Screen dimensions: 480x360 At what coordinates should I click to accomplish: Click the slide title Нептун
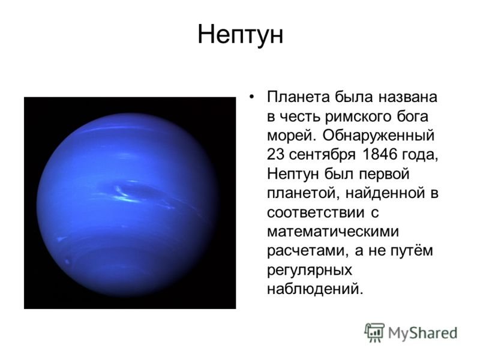(241, 34)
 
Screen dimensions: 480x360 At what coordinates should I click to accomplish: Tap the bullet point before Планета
(251, 97)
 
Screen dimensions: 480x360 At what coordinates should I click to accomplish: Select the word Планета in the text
(298, 97)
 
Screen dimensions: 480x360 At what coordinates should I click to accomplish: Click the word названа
(408, 98)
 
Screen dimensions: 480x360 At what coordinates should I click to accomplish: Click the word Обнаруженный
(378, 136)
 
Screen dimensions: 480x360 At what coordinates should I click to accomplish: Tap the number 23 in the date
(276, 155)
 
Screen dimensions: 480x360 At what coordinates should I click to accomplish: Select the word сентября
(322, 155)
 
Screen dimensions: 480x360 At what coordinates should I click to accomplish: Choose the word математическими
(333, 232)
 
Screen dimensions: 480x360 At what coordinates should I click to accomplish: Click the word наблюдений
(315, 289)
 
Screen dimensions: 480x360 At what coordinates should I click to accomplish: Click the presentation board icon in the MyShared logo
(374, 332)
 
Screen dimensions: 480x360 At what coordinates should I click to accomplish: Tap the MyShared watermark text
(422, 333)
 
